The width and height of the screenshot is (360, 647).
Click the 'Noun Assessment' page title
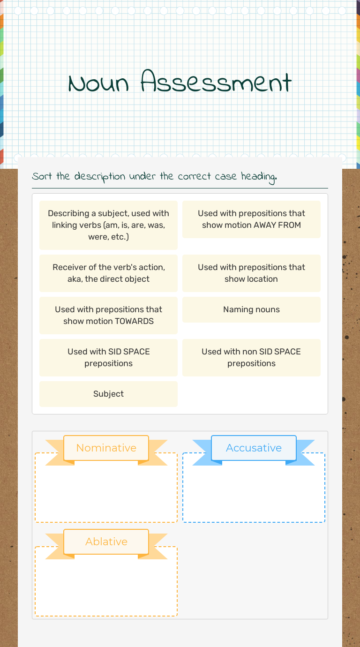(180, 83)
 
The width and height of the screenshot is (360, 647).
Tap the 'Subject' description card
(108, 394)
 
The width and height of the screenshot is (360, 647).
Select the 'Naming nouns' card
(251, 309)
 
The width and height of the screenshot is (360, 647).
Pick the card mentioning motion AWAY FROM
(251, 219)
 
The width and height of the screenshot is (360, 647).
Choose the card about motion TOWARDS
(108, 316)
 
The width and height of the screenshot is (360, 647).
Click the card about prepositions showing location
(251, 273)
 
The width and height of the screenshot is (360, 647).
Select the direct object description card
(108, 273)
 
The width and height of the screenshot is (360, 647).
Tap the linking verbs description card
(108, 225)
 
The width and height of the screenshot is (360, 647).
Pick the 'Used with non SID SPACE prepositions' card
(251, 358)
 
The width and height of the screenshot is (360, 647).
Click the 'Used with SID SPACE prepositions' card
(108, 358)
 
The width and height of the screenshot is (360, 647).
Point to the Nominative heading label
(106, 448)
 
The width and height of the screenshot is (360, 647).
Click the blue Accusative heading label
(254, 448)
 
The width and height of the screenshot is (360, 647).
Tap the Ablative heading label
(106, 542)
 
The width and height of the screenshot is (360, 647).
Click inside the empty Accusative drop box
(254, 492)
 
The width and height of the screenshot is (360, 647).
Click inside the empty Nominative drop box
(106, 492)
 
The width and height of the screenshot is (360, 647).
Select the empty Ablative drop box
(106, 586)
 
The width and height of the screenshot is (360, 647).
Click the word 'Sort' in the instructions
(42, 176)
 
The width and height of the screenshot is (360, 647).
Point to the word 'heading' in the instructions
(258, 177)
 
